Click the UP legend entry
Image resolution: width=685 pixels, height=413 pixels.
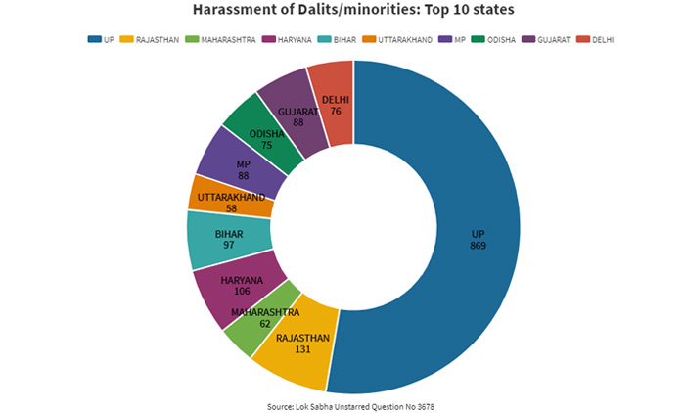pos(102,39)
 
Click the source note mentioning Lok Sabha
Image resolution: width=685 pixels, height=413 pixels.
pos(342,404)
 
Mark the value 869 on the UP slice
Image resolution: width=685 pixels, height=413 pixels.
pos(477,246)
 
